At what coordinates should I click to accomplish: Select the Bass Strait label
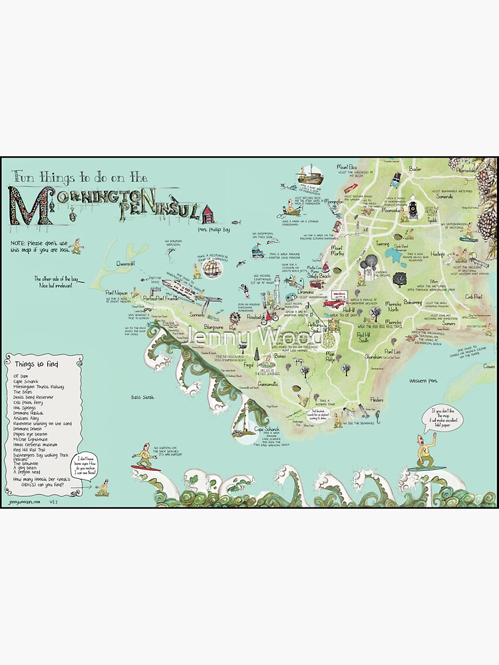pos(142,396)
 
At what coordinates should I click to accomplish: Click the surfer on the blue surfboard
pos(424,459)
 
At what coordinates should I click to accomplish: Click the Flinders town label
pos(377,400)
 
